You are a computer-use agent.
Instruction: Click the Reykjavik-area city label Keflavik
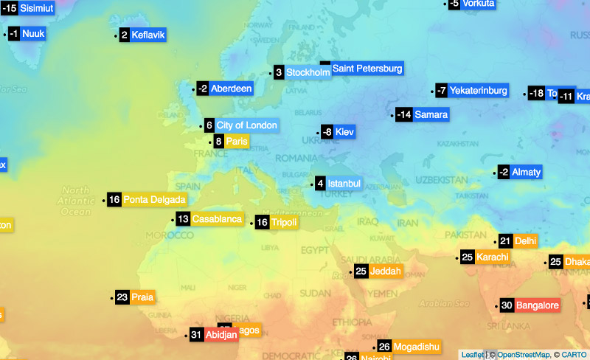(x=147, y=35)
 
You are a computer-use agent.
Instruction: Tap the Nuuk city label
(x=33, y=33)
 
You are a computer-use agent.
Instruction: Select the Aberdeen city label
(x=231, y=89)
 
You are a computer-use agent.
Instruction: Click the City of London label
(x=246, y=125)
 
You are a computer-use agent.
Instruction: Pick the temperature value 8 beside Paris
(x=218, y=142)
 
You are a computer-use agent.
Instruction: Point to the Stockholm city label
(x=308, y=72)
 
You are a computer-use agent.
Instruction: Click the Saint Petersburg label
(x=367, y=69)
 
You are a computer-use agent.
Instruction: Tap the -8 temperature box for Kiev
(x=327, y=132)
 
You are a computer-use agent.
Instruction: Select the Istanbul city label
(x=344, y=183)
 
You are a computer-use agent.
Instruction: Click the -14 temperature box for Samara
(x=403, y=114)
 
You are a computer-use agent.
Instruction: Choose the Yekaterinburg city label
(x=478, y=91)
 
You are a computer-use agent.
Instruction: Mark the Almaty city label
(x=526, y=172)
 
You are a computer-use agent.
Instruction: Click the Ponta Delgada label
(x=154, y=199)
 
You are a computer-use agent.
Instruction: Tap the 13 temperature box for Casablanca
(x=183, y=219)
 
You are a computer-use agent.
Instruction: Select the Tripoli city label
(x=284, y=222)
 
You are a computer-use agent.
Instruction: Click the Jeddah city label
(x=386, y=271)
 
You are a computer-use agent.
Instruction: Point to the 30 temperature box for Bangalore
(x=507, y=305)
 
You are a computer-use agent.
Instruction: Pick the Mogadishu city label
(x=417, y=347)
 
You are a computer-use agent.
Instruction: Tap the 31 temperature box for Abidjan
(x=196, y=334)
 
